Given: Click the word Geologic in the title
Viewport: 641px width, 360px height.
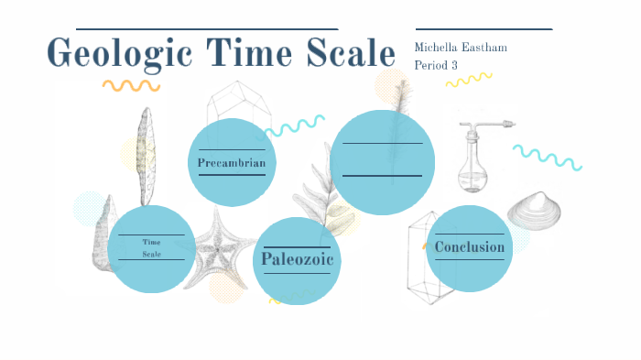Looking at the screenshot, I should [109, 54].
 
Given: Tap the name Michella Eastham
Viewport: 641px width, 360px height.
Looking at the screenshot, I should [461, 48].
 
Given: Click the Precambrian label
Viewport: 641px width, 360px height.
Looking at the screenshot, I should [232, 163].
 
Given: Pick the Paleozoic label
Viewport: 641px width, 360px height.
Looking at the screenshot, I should [296, 260].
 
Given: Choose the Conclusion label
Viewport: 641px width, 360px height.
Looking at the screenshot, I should [469, 247].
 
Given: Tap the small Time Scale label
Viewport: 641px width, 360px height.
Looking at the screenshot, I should [152, 247].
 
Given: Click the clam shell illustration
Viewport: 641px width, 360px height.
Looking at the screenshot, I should [535, 212].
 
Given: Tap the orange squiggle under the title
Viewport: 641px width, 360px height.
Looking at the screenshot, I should [131, 85].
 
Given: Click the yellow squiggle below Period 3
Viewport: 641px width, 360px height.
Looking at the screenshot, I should [469, 81].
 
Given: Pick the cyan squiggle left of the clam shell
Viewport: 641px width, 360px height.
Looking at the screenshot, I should [548, 157].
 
